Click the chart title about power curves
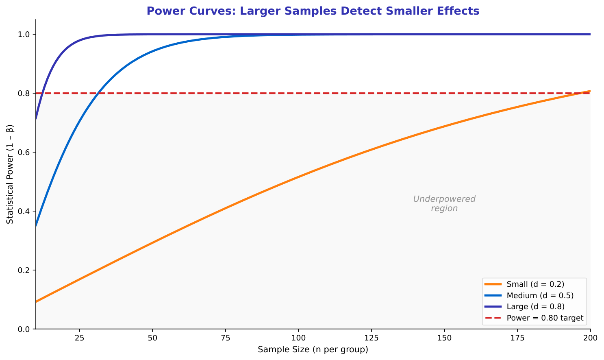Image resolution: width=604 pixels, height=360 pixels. [x=313, y=11]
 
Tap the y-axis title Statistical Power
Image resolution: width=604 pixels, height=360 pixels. [x=10, y=174]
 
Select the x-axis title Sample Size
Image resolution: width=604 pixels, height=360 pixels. [x=313, y=349]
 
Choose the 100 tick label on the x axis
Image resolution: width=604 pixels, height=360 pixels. [x=298, y=338]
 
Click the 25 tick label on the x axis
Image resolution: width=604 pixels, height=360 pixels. [x=80, y=338]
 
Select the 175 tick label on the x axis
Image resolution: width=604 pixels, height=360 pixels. [x=517, y=338]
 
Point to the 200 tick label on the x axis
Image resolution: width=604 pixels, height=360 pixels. [x=590, y=338]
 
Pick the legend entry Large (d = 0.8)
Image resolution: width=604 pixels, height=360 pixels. [x=535, y=306]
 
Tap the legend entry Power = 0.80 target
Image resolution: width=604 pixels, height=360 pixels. [x=545, y=318]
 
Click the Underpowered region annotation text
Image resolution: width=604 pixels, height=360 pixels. [x=444, y=204]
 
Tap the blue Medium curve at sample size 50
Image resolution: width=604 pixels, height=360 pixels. [x=152, y=52]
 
